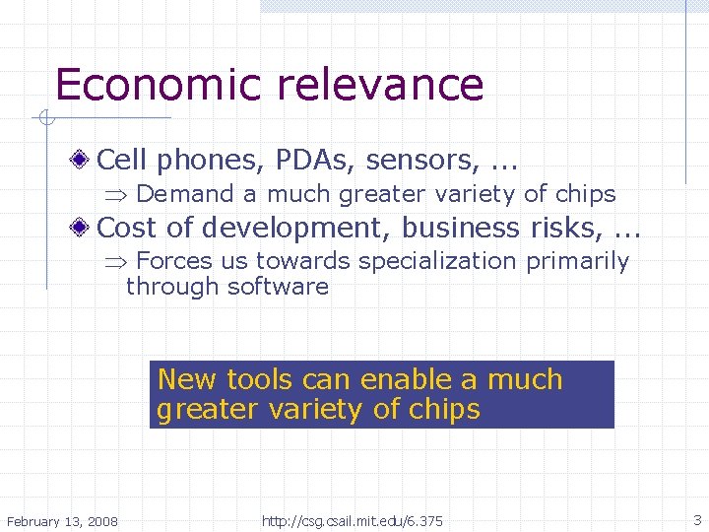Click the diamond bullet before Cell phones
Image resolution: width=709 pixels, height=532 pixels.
pyautogui.click(x=87, y=159)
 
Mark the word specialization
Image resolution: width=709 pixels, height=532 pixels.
pyautogui.click(x=436, y=261)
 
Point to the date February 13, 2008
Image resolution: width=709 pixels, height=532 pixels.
pyautogui.click(x=62, y=520)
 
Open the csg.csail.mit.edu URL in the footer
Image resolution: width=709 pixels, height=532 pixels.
pyautogui.click(x=353, y=520)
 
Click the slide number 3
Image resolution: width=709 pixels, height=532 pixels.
pyautogui.click(x=696, y=519)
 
